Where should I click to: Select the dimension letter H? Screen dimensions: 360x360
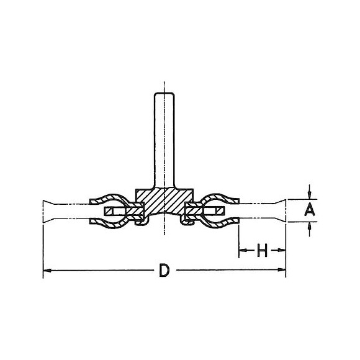tap(261, 251)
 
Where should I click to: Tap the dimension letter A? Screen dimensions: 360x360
tap(308, 211)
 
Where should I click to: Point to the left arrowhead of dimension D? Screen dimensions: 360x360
tap(46, 270)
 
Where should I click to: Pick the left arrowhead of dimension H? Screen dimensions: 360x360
tap(241, 251)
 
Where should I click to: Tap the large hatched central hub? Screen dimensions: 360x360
tap(163, 202)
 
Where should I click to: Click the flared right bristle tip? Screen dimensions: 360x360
tap(282, 211)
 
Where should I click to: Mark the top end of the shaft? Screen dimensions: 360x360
tap(163, 93)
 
